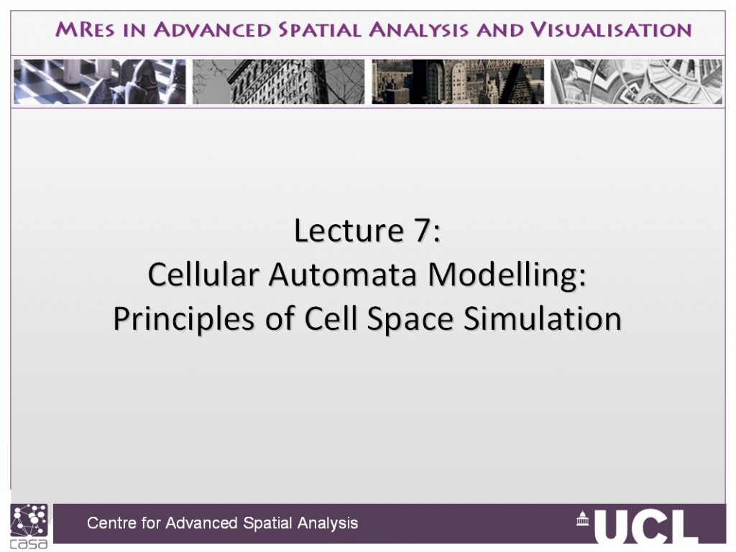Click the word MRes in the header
pos(85,29)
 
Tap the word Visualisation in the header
pos(611,29)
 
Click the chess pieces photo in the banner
pos(99,82)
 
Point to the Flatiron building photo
pos(278,82)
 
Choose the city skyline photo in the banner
pos(458,82)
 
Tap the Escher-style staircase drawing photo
pos(637,82)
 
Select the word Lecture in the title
pos(349,231)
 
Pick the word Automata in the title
pos(343,275)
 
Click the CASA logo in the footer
pos(29,526)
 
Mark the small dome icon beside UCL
pos(582,518)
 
